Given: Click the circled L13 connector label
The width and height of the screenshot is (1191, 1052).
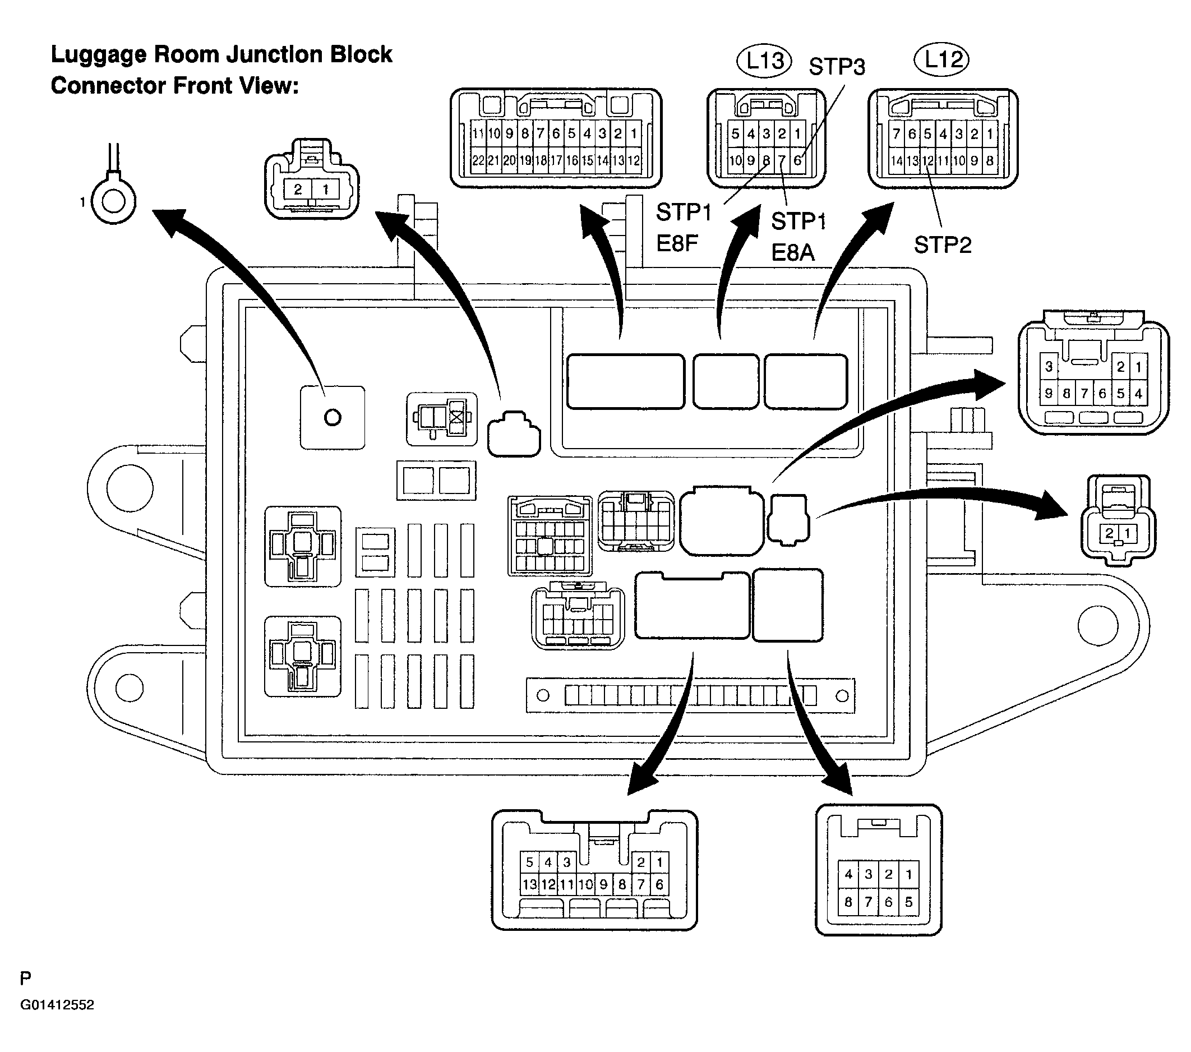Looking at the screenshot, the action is click(x=764, y=61).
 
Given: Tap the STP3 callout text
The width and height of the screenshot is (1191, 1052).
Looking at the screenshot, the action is click(x=837, y=67).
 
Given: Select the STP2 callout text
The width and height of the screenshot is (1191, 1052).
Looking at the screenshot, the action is click(x=943, y=245).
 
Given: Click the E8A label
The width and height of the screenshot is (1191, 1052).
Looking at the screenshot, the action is click(x=792, y=252).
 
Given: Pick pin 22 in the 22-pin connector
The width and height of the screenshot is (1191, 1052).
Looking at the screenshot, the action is click(x=478, y=160).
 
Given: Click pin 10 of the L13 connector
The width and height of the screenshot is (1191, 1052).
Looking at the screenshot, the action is click(x=735, y=160).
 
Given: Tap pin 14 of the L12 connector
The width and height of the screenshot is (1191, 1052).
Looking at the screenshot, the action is click(x=896, y=160).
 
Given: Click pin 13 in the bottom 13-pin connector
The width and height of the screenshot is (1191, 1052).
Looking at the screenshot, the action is click(x=529, y=884).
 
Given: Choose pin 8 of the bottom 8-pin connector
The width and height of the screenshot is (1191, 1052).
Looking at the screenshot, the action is click(x=848, y=902).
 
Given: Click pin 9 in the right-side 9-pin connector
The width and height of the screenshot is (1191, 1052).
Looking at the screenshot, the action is click(x=1049, y=394).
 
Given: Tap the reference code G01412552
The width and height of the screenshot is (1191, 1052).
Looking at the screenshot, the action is click(x=57, y=1005).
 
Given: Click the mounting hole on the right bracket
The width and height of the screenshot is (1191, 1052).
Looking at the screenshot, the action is click(x=1098, y=625).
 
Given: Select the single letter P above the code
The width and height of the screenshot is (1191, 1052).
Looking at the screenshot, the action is click(x=25, y=979).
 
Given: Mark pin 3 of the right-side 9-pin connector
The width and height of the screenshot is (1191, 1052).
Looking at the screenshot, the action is click(x=1049, y=366).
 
